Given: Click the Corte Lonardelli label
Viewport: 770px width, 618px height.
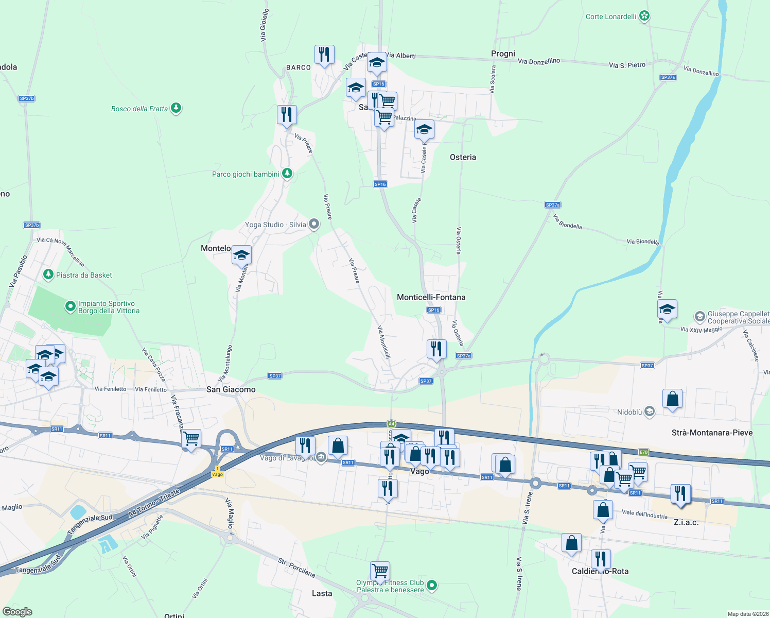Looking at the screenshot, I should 611,16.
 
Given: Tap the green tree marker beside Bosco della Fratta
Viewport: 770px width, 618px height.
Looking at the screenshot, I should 176,108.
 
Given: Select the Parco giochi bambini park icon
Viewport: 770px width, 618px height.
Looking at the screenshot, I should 287,174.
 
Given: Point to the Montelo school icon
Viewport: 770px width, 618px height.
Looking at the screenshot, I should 241,255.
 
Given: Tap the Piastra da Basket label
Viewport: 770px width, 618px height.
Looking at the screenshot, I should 84,275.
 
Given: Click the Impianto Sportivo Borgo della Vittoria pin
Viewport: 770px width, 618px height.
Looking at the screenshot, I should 70,307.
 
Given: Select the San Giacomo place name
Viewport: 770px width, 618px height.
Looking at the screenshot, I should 231,389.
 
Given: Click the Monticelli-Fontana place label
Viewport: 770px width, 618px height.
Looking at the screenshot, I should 431,297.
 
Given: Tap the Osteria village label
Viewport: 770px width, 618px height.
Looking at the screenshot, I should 463,157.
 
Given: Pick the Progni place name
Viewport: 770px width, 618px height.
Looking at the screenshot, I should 503,54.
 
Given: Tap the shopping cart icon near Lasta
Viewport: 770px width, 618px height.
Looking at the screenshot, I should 380,570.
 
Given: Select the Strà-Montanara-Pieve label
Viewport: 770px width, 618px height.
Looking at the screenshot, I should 712,433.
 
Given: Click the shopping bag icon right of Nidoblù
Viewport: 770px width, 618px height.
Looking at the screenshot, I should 672,399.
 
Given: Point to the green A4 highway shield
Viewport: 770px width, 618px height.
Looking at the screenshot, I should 391,424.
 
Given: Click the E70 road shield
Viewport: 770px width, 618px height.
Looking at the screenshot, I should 643,452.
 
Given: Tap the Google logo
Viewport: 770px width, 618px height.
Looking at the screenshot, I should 17,612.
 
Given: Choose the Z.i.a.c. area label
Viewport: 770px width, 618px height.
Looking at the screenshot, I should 686,522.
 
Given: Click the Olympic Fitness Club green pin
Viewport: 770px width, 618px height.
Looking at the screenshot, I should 432,585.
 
